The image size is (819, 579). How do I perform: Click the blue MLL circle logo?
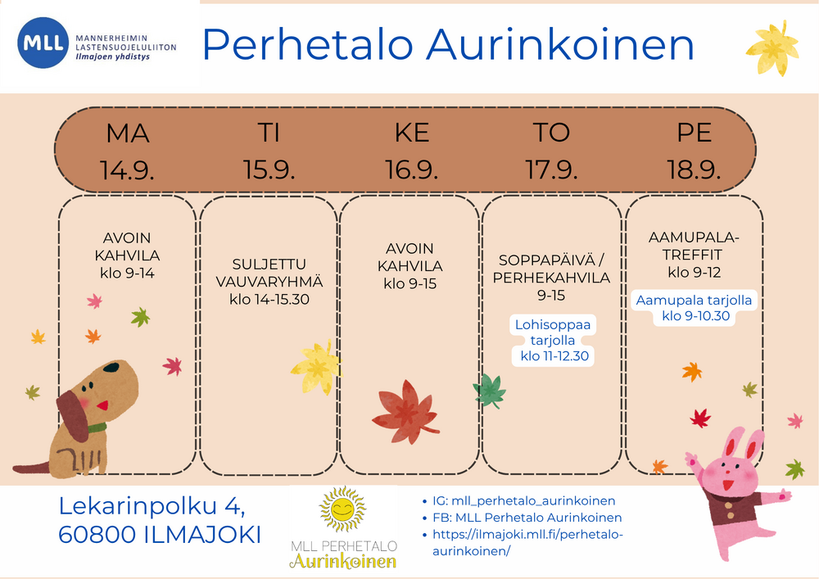click(x=43, y=43)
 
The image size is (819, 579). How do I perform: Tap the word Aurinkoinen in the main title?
click(x=560, y=44)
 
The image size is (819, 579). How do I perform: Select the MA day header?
click(x=128, y=133)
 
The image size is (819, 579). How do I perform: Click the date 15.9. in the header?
click(x=269, y=170)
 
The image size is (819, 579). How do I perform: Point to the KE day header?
click(x=412, y=133)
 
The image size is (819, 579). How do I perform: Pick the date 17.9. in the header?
click(x=551, y=170)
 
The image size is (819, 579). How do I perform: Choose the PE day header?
click(x=695, y=133)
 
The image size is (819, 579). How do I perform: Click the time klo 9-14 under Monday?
click(x=128, y=273)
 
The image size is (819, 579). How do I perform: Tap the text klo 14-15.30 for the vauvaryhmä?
click(x=269, y=299)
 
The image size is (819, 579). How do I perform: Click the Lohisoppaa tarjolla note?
click(x=553, y=341)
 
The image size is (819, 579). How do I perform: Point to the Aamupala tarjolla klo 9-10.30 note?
click(x=695, y=308)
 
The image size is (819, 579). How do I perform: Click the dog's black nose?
click(x=111, y=367)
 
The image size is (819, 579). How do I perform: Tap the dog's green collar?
click(x=97, y=428)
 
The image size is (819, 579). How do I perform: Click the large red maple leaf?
click(x=405, y=413)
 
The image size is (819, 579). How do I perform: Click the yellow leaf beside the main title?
click(x=773, y=48)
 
